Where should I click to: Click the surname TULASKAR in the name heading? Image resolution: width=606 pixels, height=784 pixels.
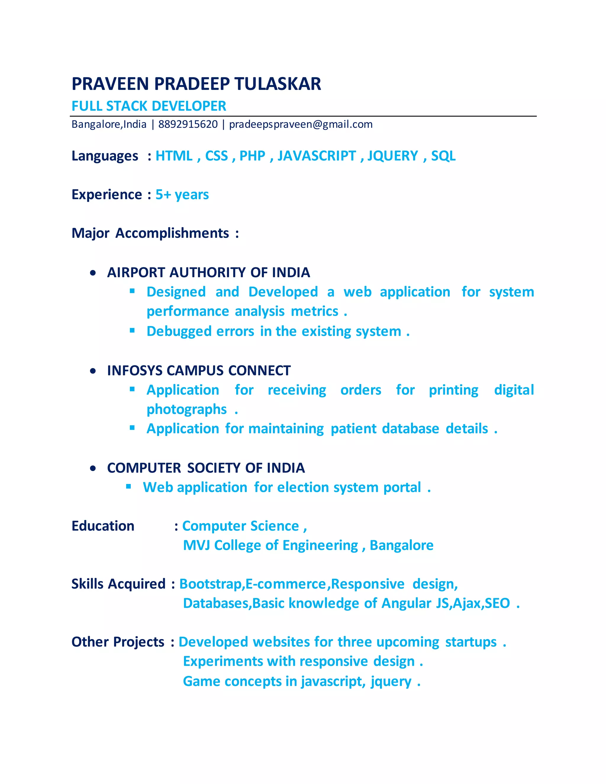point(278,84)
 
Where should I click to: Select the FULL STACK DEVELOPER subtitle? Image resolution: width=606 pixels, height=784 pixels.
point(149,106)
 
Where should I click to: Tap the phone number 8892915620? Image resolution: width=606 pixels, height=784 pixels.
point(188,124)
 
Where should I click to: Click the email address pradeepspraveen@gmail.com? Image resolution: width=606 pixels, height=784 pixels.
point(301,124)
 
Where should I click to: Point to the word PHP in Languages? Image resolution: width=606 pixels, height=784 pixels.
point(252,156)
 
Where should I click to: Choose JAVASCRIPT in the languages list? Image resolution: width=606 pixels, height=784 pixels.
point(317,156)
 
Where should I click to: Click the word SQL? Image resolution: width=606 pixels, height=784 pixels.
point(443,156)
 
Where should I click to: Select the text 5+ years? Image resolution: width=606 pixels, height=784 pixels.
point(182,195)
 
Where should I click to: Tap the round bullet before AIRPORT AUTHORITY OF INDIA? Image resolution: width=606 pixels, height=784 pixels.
point(93,273)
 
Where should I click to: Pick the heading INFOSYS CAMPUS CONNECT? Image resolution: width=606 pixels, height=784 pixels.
point(199,370)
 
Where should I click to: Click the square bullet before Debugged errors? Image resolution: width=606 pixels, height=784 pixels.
point(132,330)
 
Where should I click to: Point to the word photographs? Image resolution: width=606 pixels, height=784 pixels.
point(186,409)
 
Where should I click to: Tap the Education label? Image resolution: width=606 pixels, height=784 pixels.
point(103,526)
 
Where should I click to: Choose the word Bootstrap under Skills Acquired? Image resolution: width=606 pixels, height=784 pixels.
point(211,584)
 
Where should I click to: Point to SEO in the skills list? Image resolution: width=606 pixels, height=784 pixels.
point(497,604)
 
